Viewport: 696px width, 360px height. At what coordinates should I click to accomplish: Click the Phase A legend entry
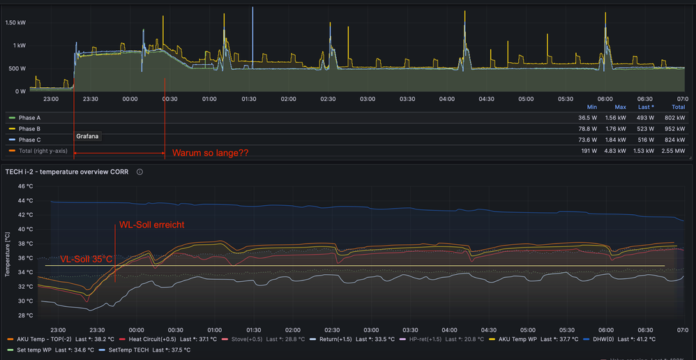29,118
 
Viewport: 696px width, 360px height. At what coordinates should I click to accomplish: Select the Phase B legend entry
29,129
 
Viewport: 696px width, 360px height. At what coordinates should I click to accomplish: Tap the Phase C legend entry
29,140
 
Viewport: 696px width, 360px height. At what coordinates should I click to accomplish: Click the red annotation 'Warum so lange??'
210,152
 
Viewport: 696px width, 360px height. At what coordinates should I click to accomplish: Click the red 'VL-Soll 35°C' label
86,259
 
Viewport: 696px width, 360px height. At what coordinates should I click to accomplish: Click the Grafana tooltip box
88,137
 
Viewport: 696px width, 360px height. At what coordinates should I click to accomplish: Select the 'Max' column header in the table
621,107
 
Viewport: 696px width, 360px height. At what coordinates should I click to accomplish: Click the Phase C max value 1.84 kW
615,140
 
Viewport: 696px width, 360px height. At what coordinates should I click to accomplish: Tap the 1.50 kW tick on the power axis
15,23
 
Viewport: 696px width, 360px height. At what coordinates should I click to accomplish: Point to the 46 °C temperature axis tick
25,186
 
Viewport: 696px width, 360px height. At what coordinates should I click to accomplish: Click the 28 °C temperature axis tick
25,315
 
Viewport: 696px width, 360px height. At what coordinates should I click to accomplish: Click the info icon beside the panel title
139,172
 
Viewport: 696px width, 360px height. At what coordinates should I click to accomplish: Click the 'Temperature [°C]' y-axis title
7,251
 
